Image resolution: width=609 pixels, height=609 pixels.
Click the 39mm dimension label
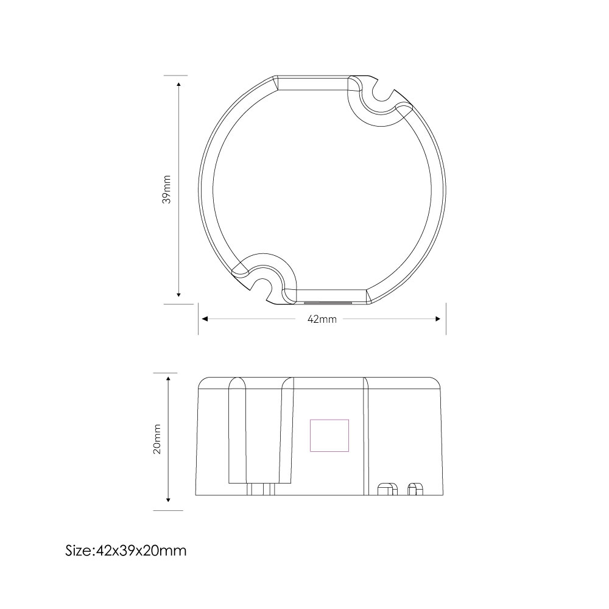[167, 189]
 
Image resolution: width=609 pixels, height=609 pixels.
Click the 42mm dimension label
[322, 319]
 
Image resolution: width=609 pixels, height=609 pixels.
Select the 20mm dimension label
[157, 439]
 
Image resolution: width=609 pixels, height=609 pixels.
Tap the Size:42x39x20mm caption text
[126, 551]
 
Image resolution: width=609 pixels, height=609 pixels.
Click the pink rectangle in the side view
[329, 435]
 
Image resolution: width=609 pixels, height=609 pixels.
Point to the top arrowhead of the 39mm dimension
[178, 84]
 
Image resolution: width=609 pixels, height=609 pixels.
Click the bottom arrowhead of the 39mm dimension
[178, 294]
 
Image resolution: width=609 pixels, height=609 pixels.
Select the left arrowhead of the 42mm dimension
[205, 319]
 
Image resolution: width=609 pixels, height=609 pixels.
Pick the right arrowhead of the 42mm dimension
[438, 319]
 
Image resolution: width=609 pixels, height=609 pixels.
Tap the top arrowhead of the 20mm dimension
[169, 379]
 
